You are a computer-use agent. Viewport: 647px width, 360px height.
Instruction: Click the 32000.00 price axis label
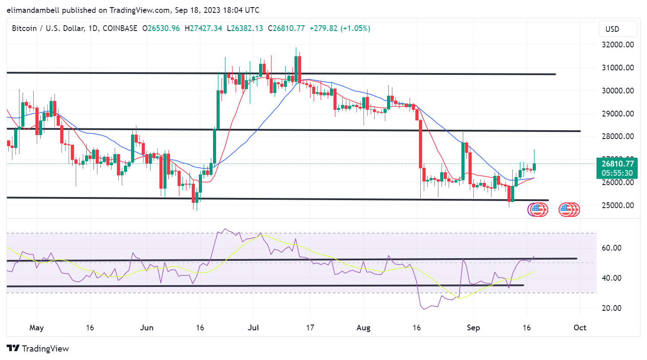coord(617,45)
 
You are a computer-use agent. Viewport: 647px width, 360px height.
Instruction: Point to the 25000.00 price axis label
coord(617,205)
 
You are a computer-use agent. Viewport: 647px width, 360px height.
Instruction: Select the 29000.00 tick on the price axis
coord(617,114)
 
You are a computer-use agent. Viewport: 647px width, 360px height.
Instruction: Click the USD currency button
coord(612,29)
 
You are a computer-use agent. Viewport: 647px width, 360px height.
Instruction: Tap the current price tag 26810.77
coord(617,164)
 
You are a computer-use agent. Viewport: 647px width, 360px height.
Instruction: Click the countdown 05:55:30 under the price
coord(617,173)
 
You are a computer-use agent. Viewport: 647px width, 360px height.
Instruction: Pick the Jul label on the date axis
coord(253,328)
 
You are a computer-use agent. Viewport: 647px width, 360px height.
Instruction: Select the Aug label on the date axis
coord(364,328)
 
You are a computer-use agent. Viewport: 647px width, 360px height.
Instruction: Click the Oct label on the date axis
coord(580,328)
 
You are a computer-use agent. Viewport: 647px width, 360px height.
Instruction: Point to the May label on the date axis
coord(36,328)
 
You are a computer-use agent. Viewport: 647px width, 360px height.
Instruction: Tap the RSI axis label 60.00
coord(611,248)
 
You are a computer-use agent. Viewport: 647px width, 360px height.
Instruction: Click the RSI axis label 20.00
coord(611,308)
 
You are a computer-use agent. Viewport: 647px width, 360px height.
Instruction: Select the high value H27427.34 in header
coord(203,28)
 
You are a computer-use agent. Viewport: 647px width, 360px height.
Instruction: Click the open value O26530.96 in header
coord(161,28)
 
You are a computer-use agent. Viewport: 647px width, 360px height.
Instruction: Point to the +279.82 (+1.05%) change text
coord(340,28)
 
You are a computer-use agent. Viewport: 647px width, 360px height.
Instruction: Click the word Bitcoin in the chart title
coord(24,28)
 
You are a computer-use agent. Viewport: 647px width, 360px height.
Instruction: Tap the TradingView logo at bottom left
coord(38,348)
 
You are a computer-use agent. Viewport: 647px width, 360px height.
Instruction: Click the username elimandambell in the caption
coord(33,10)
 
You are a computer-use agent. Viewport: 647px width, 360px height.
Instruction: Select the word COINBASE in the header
coord(120,28)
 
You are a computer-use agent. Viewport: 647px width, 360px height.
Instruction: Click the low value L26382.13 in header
coord(245,28)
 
